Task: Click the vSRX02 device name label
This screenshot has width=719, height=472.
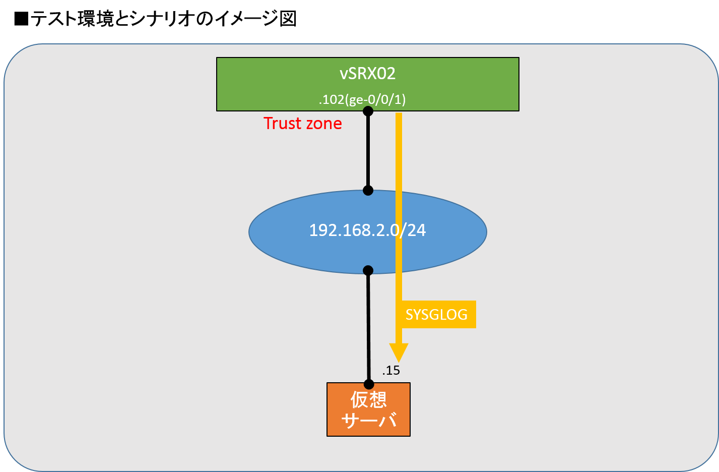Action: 367,74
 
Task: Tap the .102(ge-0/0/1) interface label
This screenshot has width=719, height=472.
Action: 362,100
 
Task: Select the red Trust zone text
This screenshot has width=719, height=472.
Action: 303,124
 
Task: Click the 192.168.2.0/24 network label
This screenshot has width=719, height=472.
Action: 367,230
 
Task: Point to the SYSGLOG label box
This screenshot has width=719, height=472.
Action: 436,315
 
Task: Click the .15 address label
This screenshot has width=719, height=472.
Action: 391,371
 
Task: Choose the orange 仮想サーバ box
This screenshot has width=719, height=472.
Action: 368,409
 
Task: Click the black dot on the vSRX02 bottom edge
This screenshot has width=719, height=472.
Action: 368,111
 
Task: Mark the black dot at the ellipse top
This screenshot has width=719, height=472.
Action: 368,191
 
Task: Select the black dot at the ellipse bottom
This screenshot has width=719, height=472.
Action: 368,270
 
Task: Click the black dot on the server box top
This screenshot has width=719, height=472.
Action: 369,384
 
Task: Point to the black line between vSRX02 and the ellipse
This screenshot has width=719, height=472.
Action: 368,151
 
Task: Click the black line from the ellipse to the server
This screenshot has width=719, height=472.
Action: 368,327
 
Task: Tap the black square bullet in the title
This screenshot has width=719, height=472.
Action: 21,19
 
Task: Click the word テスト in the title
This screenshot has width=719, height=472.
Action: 53,19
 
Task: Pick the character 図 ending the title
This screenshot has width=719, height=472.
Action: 288,19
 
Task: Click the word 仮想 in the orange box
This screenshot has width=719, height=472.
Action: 368,400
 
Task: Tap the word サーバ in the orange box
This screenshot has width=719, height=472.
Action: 368,420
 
